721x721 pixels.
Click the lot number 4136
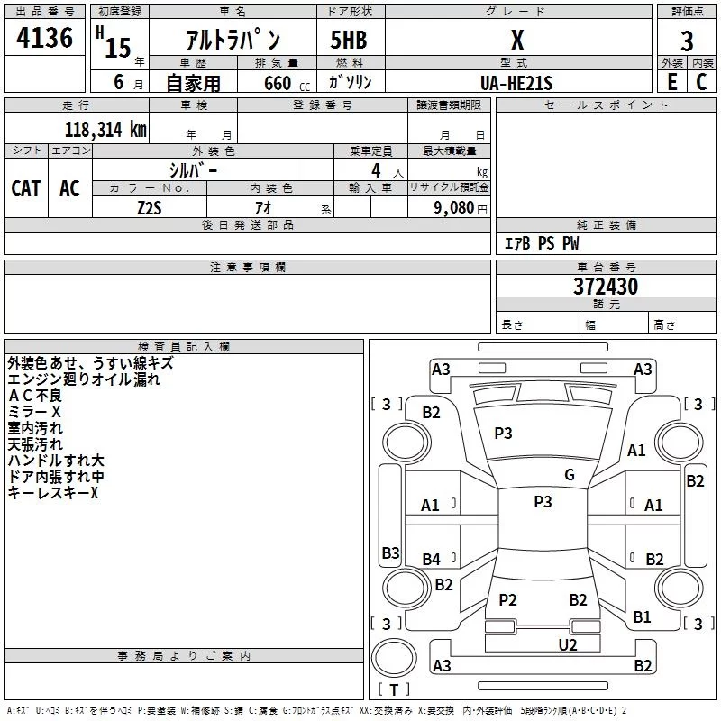click(44, 37)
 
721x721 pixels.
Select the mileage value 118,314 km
click(105, 129)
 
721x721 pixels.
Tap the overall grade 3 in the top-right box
click(687, 41)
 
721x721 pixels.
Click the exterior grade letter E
click(671, 81)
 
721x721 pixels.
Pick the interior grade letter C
click(701, 81)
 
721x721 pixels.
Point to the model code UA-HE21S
click(516, 83)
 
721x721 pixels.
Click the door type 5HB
click(349, 40)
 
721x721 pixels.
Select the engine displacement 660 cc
click(287, 83)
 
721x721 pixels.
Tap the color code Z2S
click(150, 208)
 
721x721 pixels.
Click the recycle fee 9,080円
click(461, 208)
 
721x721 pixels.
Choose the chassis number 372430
click(606, 287)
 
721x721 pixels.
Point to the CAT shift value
click(26, 188)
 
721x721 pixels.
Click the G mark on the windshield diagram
click(570, 474)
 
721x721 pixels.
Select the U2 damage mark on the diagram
click(568, 644)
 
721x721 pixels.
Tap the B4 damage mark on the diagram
click(432, 559)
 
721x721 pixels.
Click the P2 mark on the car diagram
click(507, 599)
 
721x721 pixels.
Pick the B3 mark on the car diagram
click(391, 552)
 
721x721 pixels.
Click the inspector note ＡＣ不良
click(35, 396)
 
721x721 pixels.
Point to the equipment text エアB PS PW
click(542, 242)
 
